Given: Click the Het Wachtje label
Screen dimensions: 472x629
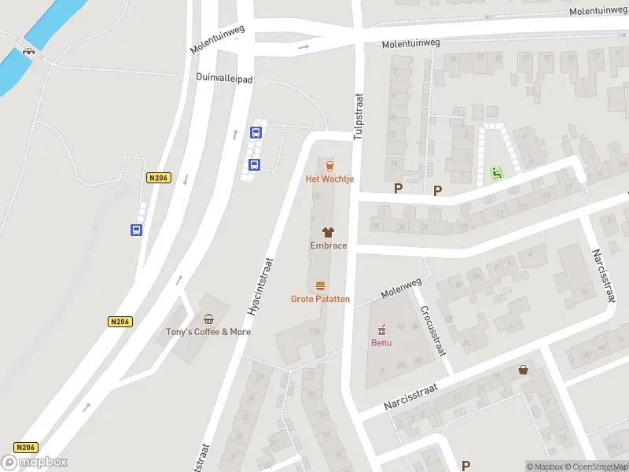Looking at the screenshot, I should [x=329, y=179].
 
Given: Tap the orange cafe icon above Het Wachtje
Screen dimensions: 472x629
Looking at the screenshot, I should [x=329, y=165].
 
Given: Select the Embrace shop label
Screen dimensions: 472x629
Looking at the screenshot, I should [x=328, y=245].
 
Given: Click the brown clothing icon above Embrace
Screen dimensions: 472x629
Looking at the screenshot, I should [x=328, y=232].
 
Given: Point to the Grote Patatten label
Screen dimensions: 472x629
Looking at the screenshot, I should [x=320, y=299].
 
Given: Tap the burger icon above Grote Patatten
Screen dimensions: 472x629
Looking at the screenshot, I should [x=320, y=286].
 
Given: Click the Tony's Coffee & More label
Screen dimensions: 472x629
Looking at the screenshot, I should [x=208, y=332].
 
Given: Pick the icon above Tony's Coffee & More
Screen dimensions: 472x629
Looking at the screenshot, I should [x=208, y=319].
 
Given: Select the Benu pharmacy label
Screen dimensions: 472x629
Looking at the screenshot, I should [x=381, y=343].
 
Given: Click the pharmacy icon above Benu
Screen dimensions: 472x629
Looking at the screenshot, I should [x=382, y=330].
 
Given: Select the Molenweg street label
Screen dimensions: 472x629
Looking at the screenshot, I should [x=398, y=293].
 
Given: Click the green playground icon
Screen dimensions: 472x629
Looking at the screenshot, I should [x=495, y=172].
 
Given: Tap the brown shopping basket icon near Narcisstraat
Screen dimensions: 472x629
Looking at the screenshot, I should [x=523, y=370].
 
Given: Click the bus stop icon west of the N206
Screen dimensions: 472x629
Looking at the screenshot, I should [x=137, y=230].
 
